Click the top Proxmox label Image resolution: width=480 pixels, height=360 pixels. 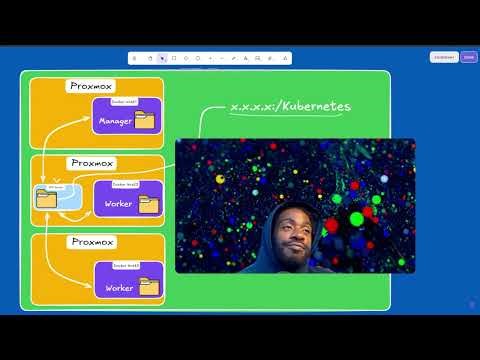[x=93, y=86]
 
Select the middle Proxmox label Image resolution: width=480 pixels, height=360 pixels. [x=93, y=162]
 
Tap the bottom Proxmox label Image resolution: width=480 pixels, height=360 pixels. [x=93, y=242]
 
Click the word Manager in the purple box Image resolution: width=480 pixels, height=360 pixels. [x=115, y=122]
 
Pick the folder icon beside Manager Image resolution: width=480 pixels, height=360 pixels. [x=145, y=121]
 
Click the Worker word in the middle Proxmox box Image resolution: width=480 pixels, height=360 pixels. [x=118, y=205]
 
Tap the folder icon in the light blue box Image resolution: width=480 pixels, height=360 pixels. [x=46, y=198]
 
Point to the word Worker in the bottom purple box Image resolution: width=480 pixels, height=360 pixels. [x=118, y=288]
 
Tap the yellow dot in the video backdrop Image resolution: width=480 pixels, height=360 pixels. [x=220, y=179]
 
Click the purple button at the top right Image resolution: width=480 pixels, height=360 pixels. [x=468, y=57]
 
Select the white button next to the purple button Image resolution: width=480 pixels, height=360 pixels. [x=444, y=57]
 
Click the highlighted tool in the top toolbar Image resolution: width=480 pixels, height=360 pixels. [x=161, y=58]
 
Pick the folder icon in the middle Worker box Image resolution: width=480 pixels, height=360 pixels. [x=148, y=204]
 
